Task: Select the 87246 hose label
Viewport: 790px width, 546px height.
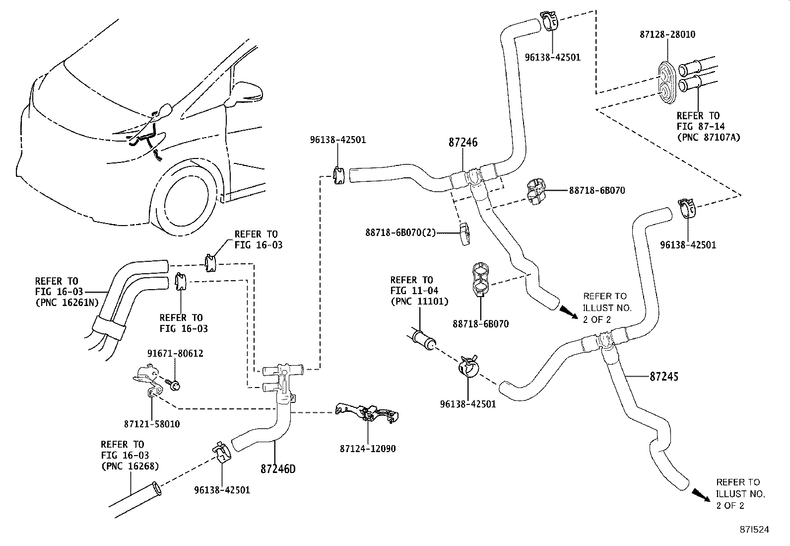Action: pos(462,143)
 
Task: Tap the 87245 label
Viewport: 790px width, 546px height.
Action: pos(663,377)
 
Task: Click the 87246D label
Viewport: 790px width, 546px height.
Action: pos(278,468)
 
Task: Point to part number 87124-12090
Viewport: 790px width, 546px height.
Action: pos(368,449)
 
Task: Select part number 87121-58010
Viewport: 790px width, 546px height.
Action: pos(152,424)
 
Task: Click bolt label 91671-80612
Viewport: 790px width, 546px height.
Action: pos(175,354)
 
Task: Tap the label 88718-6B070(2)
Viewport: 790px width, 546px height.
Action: pos(399,232)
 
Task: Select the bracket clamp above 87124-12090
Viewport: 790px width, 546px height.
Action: pos(368,413)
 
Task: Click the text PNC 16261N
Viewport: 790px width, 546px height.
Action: pos(66,303)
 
